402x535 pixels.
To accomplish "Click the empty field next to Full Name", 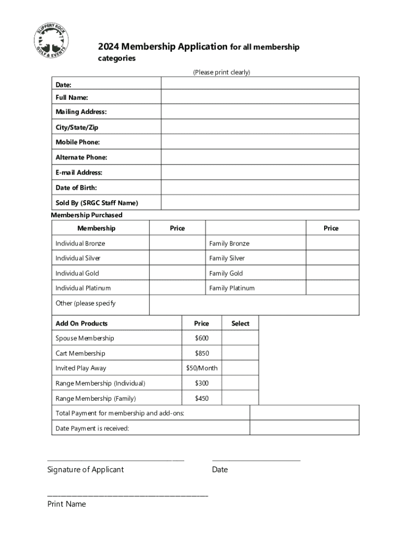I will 260,97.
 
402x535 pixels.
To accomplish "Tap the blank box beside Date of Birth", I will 260,188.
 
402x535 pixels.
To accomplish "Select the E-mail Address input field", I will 260,172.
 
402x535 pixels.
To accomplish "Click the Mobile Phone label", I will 78,142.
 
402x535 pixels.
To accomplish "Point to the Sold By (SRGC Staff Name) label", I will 97,203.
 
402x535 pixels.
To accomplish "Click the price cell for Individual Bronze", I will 178,243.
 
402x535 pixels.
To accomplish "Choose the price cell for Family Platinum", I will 332,288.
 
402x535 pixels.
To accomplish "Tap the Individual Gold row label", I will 77,273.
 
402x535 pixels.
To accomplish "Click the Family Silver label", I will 227,258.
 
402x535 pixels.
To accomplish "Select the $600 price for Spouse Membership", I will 202,338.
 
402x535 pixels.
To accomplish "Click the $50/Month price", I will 202,368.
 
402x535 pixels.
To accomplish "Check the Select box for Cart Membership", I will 240,353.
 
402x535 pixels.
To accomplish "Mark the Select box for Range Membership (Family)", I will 240,398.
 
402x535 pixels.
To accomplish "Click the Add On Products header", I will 82,323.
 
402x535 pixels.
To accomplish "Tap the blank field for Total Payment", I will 304,413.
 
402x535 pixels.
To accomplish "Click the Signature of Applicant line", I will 115,460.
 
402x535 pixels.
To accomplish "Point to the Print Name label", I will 67,504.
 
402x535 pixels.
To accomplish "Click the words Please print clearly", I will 222,73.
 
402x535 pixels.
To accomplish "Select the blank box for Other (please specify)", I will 254,305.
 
